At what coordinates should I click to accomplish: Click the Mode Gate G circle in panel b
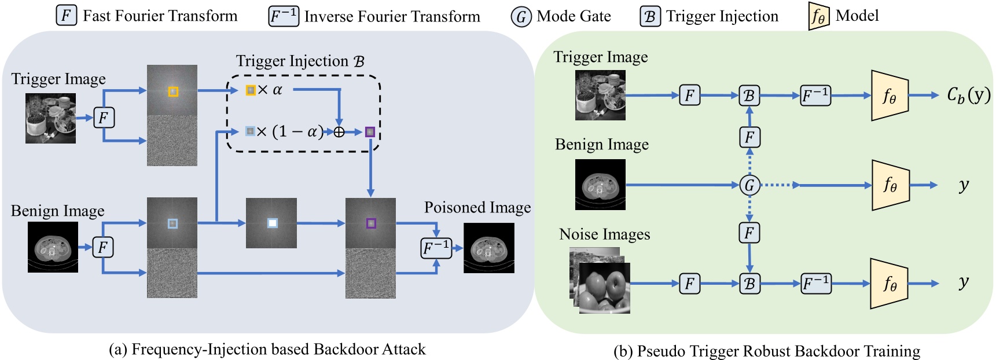pyautogui.click(x=749, y=185)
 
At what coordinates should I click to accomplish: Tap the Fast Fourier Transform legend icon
pyautogui.click(x=66, y=15)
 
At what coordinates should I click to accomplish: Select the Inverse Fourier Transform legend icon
pyautogui.click(x=283, y=16)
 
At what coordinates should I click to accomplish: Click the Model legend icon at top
pyautogui.click(x=818, y=16)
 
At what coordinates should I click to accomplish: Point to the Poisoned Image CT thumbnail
pyautogui.click(x=488, y=248)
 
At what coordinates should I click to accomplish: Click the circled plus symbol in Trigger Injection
pyautogui.click(x=339, y=132)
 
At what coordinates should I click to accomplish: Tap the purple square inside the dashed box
pyautogui.click(x=370, y=132)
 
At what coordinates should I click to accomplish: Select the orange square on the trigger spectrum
pyautogui.click(x=173, y=91)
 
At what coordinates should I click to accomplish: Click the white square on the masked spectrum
pyautogui.click(x=272, y=223)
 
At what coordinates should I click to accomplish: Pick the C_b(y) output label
pyautogui.click(x=968, y=95)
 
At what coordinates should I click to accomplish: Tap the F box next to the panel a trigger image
pyautogui.click(x=104, y=118)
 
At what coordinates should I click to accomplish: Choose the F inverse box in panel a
pyautogui.click(x=436, y=248)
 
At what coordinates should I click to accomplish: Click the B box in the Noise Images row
pyautogui.click(x=749, y=284)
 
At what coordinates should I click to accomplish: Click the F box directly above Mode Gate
pyautogui.click(x=749, y=137)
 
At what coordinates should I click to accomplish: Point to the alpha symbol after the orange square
pyautogui.click(x=277, y=90)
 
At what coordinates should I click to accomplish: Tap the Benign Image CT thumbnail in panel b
pyautogui.click(x=600, y=185)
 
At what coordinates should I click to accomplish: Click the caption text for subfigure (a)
pyautogui.click(x=267, y=350)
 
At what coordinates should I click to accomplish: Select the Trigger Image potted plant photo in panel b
pyautogui.click(x=600, y=95)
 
